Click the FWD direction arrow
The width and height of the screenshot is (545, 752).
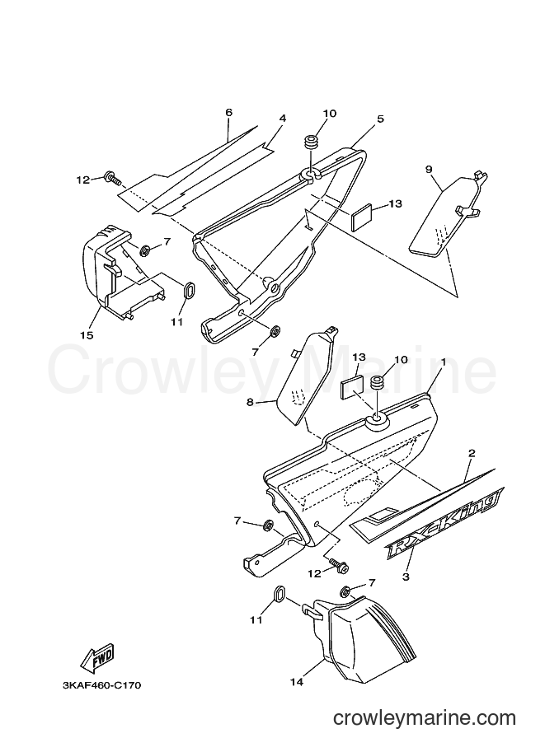96,657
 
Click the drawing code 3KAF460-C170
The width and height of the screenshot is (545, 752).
101,685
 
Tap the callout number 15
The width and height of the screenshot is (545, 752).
87,335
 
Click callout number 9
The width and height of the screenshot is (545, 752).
429,170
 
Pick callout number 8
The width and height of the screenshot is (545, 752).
250,402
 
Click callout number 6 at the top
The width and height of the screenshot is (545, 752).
228,112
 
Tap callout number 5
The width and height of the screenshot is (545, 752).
380,119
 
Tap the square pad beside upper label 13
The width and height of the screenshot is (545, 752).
362,217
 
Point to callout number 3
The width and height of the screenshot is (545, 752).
406,577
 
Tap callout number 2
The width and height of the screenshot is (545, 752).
472,453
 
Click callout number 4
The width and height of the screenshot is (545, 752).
282,118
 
